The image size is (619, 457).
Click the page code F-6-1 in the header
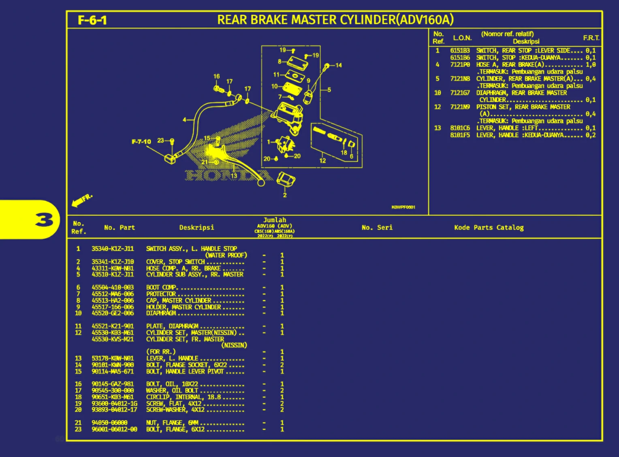92,20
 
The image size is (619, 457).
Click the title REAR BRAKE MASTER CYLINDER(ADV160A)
335,19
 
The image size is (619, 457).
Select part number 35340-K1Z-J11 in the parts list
112,249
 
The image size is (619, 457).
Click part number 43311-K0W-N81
112,268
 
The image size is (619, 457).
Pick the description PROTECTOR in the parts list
161,294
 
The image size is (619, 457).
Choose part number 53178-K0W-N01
112,358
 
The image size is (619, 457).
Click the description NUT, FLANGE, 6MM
172,423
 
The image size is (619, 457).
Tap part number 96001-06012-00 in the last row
114,429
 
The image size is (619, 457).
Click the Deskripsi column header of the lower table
196,227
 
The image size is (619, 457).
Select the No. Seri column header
377,227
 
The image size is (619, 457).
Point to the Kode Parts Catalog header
489,227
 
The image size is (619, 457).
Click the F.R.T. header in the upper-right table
591,38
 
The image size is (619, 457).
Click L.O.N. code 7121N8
460,79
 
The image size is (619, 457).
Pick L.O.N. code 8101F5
460,135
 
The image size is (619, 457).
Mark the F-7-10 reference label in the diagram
141,142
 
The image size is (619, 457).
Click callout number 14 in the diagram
339,65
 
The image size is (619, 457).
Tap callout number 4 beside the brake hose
184,120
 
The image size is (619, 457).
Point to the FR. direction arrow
81,200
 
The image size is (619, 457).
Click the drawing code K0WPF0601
403,207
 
